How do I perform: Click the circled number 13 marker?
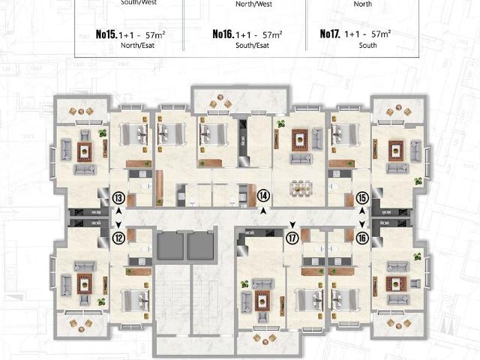[118, 199]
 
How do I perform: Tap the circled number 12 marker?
[118, 238]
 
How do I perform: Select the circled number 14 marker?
[263, 196]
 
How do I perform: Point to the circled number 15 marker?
[362, 199]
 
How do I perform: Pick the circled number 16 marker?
[362, 238]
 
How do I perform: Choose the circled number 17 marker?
[292, 238]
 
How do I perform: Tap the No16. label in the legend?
[223, 34]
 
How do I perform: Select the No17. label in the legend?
[331, 34]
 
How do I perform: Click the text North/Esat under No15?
[136, 45]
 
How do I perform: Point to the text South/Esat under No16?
[253, 45]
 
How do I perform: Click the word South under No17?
[367, 45]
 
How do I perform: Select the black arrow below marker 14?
[263, 212]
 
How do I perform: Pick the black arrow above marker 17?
[292, 223]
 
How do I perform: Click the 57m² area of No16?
[268, 34]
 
